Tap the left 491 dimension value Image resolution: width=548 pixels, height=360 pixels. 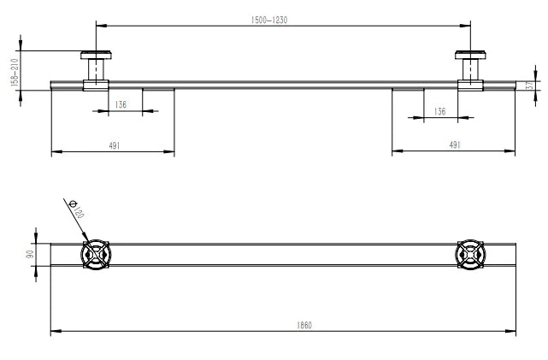113,145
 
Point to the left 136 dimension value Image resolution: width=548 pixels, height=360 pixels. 120,103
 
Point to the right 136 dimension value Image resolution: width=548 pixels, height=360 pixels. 439,111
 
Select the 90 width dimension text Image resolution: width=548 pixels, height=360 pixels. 29,254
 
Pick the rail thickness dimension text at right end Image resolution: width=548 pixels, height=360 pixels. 530,84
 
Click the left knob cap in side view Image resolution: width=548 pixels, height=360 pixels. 95,56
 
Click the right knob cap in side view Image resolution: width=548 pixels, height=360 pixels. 470,56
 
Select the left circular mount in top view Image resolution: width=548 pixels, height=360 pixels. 95,255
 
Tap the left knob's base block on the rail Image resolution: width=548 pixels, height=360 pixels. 95,84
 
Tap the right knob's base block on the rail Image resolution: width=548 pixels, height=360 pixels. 470,84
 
